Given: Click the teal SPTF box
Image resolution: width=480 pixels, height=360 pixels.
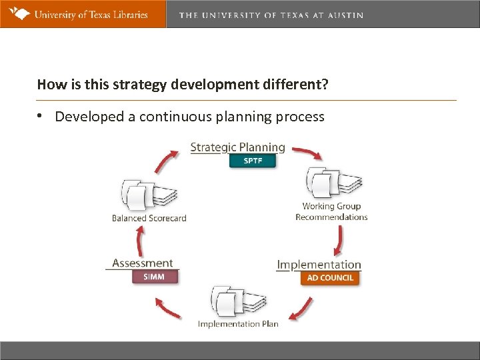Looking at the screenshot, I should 252,161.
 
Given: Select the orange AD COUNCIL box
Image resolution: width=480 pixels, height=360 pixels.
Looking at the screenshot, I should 330,278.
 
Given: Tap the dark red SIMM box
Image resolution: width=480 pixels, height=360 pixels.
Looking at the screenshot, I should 153,277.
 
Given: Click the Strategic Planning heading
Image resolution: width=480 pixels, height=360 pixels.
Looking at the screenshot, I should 237,147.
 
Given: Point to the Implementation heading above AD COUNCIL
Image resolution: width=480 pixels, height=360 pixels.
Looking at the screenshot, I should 319,265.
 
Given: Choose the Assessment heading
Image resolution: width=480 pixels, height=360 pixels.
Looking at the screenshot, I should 143,263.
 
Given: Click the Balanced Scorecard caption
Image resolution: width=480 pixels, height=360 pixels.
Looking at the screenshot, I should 149,218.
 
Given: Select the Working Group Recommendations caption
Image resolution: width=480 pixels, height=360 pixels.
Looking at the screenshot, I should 331,211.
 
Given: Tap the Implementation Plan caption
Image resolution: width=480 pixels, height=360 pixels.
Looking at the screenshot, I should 238,324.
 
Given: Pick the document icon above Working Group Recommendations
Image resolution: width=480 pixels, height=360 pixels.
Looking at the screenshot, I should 333,183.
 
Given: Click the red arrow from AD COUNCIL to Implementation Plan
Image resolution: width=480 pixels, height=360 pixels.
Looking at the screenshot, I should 303,309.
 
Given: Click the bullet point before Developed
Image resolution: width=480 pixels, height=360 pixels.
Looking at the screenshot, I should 41,117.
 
